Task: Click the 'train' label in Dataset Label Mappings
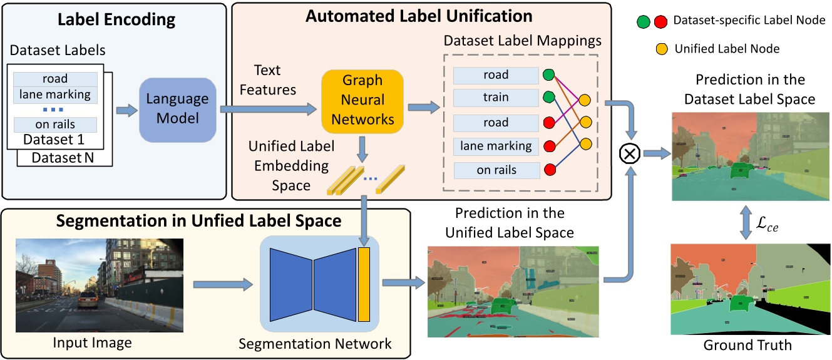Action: tap(496, 98)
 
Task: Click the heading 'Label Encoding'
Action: tap(116, 19)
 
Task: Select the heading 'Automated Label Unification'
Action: tap(419, 15)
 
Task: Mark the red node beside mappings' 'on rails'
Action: tap(548, 170)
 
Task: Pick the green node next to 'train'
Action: tap(548, 98)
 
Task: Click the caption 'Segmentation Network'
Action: tap(315, 343)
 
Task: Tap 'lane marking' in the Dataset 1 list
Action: tap(55, 95)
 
